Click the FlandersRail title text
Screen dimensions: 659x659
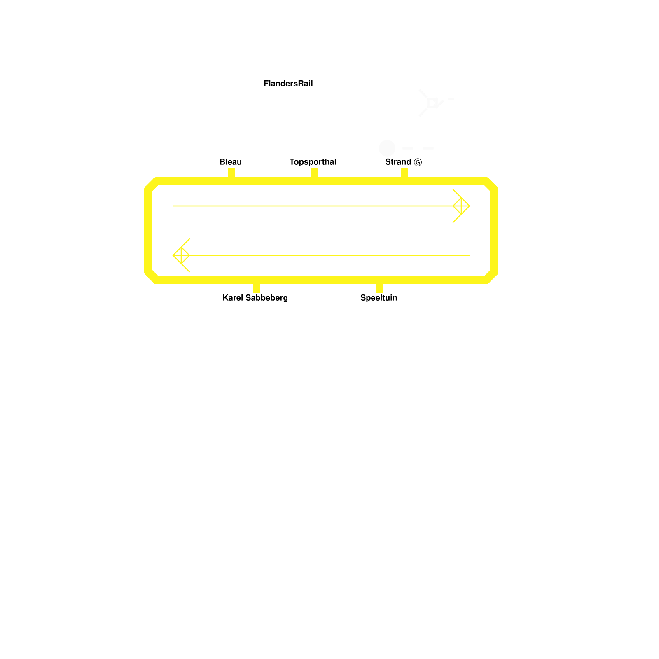(x=288, y=84)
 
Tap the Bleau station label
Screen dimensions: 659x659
(x=230, y=162)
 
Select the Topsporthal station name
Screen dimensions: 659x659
(x=313, y=162)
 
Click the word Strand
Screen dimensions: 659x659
(x=398, y=162)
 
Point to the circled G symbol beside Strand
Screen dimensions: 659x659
(x=418, y=162)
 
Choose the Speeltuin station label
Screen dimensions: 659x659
(x=379, y=298)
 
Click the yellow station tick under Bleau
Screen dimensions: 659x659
(x=231, y=173)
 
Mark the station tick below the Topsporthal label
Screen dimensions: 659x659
(x=314, y=173)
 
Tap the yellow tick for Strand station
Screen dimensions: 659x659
(x=404, y=173)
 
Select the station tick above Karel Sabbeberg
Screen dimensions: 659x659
(x=256, y=288)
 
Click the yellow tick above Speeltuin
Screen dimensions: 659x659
(x=380, y=288)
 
